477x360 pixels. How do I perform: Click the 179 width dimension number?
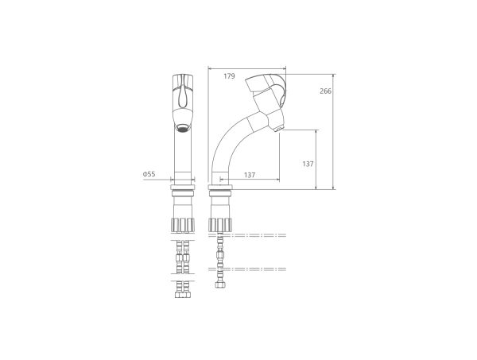coord(230,76)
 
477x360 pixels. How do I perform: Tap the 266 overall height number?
coord(325,91)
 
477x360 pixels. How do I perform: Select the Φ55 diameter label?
coord(149,174)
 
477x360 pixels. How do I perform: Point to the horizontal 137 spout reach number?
coord(250,175)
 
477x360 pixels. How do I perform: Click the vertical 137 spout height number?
coord(308,164)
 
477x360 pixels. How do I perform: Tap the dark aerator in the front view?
coord(183,128)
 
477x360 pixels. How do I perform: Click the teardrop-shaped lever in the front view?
coord(183,96)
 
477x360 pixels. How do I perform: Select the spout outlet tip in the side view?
coord(278,130)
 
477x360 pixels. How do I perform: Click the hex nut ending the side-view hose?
coord(219,285)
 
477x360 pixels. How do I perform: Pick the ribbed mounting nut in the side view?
coord(220,225)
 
